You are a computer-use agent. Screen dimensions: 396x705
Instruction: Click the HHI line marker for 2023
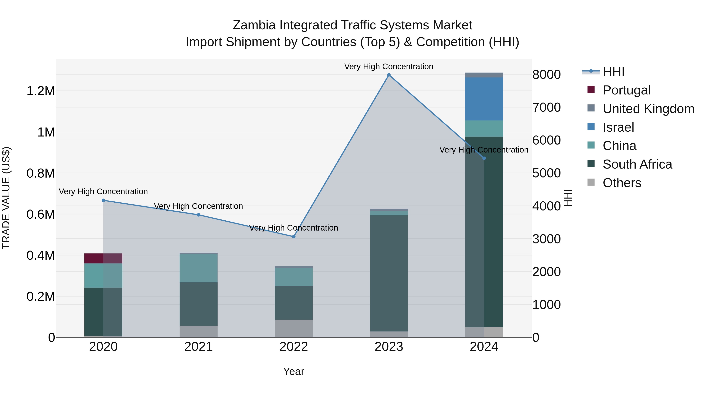pyautogui.click(x=389, y=75)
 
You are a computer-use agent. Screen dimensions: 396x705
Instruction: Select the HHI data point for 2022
pyautogui.click(x=294, y=237)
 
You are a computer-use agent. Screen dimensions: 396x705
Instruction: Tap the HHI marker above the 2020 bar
pyautogui.click(x=103, y=200)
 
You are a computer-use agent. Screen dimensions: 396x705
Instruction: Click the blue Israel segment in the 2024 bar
pyautogui.click(x=484, y=99)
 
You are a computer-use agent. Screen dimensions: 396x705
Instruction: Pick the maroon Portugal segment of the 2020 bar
pyautogui.click(x=94, y=258)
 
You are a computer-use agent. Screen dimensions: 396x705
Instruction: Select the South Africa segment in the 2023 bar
pyautogui.click(x=389, y=273)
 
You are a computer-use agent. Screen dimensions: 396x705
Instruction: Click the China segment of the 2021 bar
pyautogui.click(x=198, y=268)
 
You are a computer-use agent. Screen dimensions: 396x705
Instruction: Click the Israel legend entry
pyautogui.click(x=618, y=127)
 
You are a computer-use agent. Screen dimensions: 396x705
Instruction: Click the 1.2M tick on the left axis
pyautogui.click(x=41, y=91)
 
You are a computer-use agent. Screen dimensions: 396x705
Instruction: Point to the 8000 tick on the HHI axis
pyautogui.click(x=546, y=75)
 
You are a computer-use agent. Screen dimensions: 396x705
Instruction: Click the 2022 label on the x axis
pyautogui.click(x=294, y=347)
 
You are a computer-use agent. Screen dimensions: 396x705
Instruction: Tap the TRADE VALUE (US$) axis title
pyautogui.click(x=6, y=198)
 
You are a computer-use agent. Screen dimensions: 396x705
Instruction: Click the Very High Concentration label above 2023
pyautogui.click(x=389, y=66)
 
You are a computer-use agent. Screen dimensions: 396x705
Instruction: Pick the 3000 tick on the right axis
pyautogui.click(x=546, y=239)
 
